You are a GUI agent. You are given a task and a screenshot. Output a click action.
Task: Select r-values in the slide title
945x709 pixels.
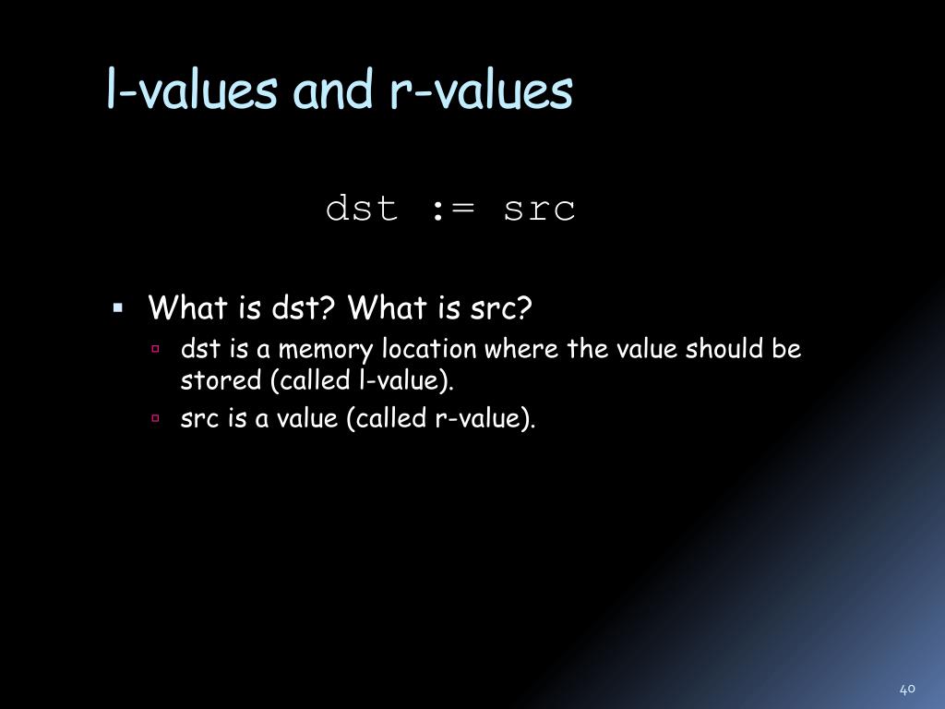[x=482, y=91]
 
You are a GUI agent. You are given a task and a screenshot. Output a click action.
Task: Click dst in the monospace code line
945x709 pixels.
[x=362, y=209]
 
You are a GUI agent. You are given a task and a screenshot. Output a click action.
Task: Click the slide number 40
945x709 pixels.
[x=906, y=689]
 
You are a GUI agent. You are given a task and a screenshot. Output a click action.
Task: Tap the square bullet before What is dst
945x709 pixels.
[x=118, y=306]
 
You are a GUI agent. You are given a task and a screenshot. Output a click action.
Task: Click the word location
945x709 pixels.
[x=430, y=350]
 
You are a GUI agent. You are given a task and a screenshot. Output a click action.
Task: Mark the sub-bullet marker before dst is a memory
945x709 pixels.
[x=157, y=350]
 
